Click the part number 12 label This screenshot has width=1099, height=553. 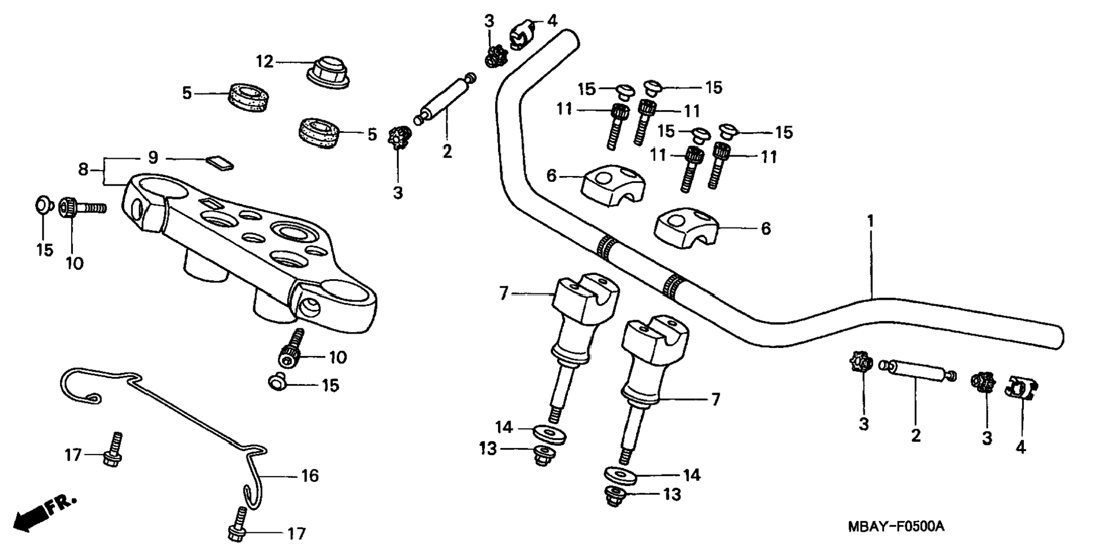(265, 61)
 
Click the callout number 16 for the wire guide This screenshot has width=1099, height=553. (310, 476)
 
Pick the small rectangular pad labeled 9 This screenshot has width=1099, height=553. (219, 163)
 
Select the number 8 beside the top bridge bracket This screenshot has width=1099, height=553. (84, 170)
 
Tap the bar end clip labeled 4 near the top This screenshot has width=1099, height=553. (521, 36)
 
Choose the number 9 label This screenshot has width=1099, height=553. (153, 158)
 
